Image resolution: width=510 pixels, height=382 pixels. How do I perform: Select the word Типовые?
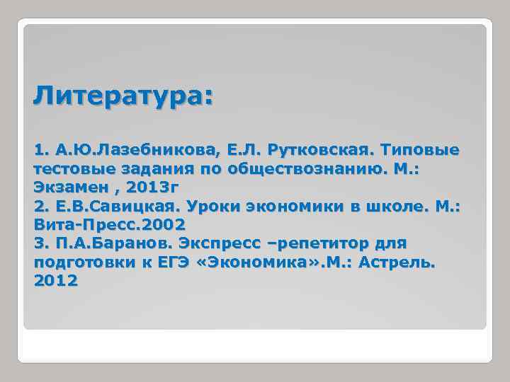pos(420,151)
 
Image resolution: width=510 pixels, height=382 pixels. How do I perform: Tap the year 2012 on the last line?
pos(56,281)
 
